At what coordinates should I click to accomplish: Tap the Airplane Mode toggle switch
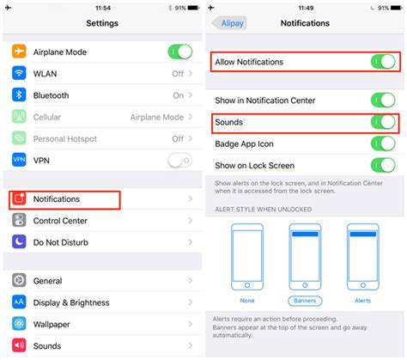179,52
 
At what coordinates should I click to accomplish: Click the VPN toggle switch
179,160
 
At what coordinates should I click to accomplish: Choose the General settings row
47,281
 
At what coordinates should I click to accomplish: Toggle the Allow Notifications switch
382,62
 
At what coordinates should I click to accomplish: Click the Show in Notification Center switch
382,101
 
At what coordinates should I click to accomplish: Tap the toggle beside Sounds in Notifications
382,123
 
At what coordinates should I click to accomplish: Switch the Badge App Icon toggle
382,144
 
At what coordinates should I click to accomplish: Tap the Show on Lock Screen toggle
382,166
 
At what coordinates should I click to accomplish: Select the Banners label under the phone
305,301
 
